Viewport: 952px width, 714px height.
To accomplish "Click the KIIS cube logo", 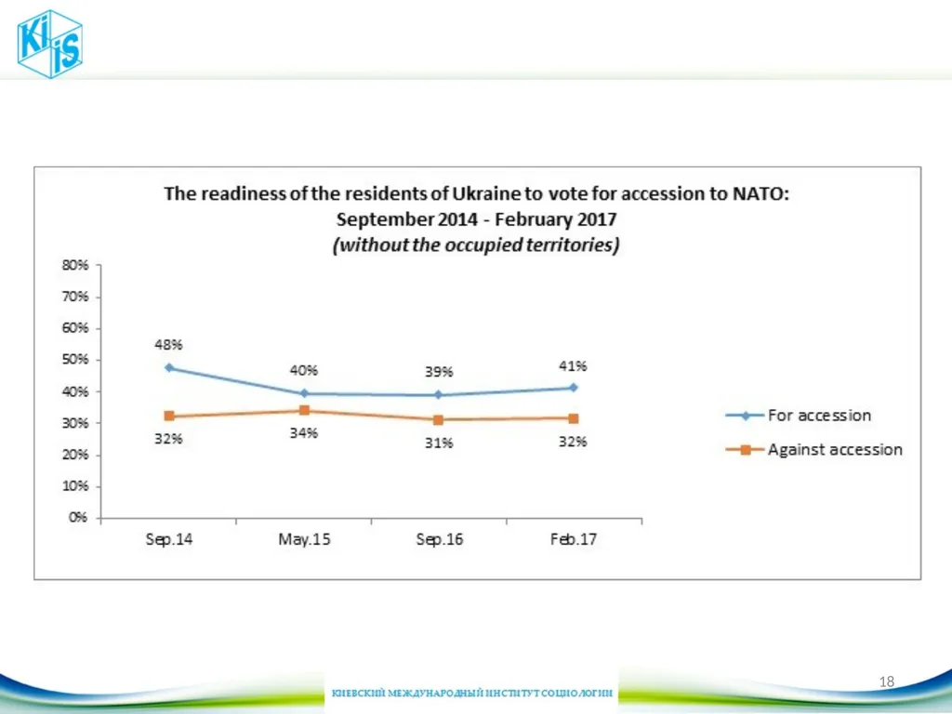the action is pos(50,44).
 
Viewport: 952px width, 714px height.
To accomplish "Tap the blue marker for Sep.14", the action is pos(169,368).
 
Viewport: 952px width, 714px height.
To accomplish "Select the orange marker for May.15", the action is pos(304,410).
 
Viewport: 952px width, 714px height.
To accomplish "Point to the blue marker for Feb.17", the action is pos(573,388).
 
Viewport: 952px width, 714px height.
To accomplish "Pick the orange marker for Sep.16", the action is pos(439,419).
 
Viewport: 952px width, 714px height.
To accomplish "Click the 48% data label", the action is pos(169,345).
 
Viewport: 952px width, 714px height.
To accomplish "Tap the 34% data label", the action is pos(304,433).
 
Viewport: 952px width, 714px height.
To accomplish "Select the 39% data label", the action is pos(439,372).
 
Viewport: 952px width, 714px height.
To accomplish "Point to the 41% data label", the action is pos(573,366).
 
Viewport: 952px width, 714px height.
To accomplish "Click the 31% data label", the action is pos(439,443).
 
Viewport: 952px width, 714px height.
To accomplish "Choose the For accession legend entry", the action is pos(799,416).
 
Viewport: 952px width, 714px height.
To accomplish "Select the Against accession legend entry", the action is pos(814,449).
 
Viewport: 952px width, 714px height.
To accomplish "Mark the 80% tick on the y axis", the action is pos(98,265).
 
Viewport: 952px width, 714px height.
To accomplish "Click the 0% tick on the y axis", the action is pos(98,518).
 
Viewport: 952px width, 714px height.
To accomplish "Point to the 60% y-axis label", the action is pos(75,328).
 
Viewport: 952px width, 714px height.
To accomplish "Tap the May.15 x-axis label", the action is pos(304,539).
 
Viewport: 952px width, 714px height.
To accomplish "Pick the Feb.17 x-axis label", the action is pos(573,539).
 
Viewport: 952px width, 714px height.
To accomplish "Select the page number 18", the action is pos(886,681).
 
